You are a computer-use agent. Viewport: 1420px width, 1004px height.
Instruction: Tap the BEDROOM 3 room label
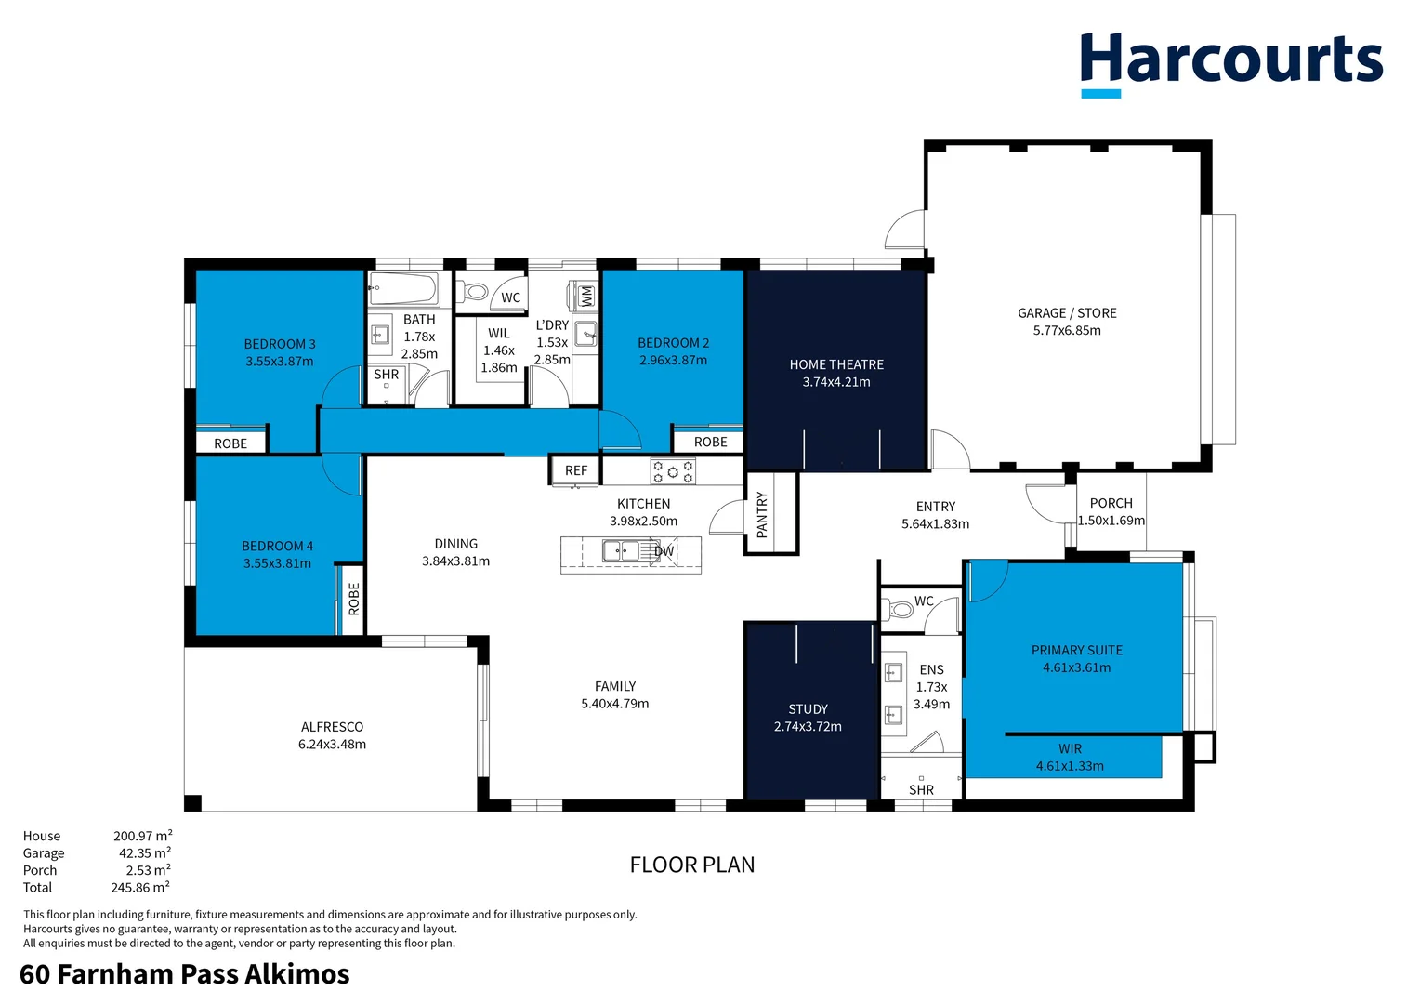tap(280, 344)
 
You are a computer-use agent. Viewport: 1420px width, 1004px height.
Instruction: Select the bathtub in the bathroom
tap(403, 288)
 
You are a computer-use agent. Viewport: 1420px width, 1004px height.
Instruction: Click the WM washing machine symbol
tap(585, 296)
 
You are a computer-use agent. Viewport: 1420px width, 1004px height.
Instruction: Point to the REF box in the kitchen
tap(576, 470)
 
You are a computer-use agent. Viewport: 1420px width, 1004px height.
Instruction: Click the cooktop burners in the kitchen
tap(672, 470)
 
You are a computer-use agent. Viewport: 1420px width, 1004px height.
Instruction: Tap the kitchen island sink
tap(622, 551)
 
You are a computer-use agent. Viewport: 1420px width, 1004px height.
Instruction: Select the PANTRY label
tap(762, 514)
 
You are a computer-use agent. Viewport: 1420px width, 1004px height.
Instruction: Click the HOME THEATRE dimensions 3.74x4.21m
tap(836, 382)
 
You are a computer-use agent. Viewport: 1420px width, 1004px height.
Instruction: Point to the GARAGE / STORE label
tap(1067, 313)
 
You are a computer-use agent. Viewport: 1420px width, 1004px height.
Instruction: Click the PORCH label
tap(1111, 503)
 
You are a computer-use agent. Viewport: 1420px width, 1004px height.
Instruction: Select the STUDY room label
tap(808, 708)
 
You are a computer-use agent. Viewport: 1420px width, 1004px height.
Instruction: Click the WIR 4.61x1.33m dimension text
tap(1070, 766)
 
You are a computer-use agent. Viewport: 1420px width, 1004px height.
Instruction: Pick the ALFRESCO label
tap(332, 727)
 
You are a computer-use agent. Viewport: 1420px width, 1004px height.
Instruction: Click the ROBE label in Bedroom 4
tap(353, 600)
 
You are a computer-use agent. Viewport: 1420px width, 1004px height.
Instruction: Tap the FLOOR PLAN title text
tap(691, 865)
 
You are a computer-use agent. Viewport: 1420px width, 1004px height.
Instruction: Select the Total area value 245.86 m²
tap(140, 887)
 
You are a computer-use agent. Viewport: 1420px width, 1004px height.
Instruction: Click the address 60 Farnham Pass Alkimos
tap(184, 973)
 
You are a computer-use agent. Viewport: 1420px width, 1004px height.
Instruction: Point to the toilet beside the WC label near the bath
tap(475, 292)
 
